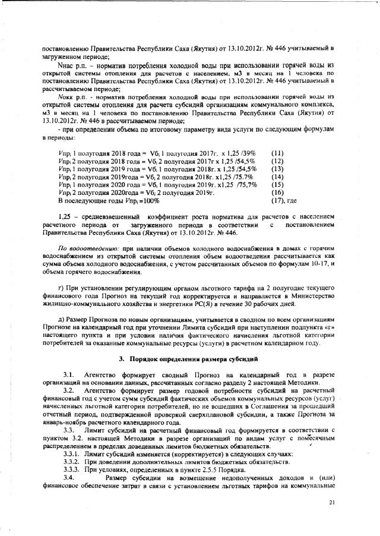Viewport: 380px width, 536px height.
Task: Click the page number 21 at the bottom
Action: click(x=332, y=503)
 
